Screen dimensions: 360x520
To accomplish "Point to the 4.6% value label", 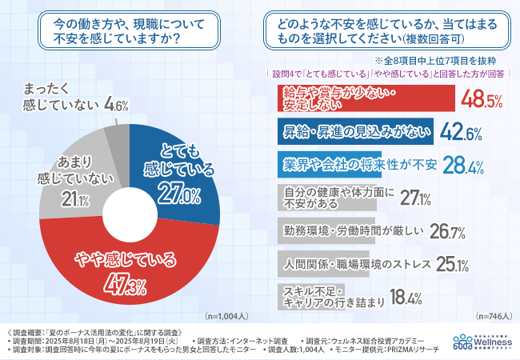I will tap(117, 105).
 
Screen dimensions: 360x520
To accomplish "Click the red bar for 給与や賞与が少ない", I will tap(360, 98).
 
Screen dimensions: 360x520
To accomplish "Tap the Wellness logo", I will tap(483, 339).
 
